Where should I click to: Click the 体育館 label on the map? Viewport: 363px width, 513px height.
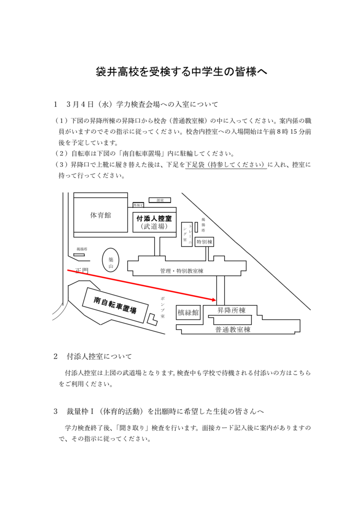point(100,215)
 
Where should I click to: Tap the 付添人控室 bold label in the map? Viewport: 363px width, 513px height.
point(155,218)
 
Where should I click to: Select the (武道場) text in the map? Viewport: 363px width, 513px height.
point(155,226)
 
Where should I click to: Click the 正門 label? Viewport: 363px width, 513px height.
point(82,271)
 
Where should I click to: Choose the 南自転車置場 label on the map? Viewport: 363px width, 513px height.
point(115,305)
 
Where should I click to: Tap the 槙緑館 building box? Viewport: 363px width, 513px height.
point(188,312)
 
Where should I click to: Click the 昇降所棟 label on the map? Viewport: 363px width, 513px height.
point(231,310)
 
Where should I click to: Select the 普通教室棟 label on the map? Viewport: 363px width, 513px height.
point(233,329)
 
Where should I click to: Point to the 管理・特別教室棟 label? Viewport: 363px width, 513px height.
point(181,271)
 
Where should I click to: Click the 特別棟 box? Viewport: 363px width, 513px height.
point(204,242)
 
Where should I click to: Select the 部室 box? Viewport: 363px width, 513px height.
point(160,200)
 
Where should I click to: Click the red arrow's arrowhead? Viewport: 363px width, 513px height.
point(212,299)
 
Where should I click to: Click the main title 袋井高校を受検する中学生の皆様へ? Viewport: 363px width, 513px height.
point(181,72)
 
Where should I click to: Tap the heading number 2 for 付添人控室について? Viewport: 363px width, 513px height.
point(56,356)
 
